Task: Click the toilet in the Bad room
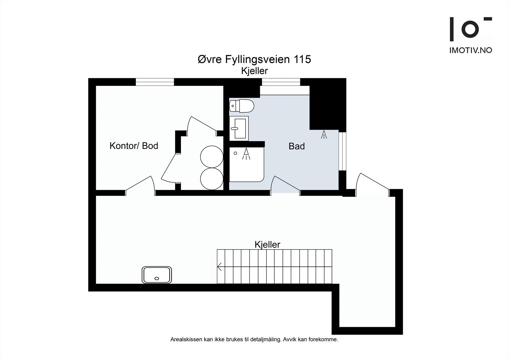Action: [241, 106]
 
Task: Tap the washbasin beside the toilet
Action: [239, 129]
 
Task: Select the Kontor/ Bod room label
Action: [134, 146]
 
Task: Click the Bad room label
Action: [296, 146]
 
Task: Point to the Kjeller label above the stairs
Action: [268, 245]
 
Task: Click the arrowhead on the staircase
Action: [219, 266]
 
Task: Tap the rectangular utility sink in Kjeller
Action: [157, 275]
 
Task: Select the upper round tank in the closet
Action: [212, 157]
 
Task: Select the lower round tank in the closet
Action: [212, 179]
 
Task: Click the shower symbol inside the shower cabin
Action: [246, 154]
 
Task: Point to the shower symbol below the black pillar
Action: [324, 134]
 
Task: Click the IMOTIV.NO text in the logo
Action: [471, 50]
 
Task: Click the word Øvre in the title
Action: [210, 59]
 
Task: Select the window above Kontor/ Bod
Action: [155, 82]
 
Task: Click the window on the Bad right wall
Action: [342, 151]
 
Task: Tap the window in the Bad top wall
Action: [281, 82]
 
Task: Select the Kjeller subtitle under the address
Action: [254, 71]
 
